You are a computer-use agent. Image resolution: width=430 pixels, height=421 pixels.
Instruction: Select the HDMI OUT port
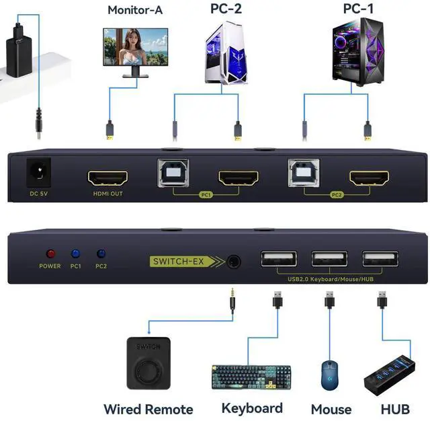pos(107,179)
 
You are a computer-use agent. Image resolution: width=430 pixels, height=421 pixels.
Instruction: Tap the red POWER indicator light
pos(50,254)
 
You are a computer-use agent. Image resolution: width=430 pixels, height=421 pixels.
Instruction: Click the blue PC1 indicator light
pos(75,254)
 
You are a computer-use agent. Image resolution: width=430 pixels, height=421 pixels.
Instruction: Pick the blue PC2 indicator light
pos(101,254)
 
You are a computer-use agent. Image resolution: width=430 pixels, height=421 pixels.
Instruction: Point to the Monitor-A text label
pos(135,10)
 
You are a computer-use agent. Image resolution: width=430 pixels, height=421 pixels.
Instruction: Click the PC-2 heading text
pos(226,9)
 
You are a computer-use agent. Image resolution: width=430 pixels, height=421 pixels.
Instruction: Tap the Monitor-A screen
pos(135,46)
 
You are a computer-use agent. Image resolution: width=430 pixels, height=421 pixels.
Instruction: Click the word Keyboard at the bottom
pos(252,408)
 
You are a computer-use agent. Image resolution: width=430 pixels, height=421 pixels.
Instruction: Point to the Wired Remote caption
pos(148,409)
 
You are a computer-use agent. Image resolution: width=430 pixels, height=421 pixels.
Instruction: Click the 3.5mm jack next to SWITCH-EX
pos(233,261)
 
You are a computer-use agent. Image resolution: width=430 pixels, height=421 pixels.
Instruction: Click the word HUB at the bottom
pos(395,409)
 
